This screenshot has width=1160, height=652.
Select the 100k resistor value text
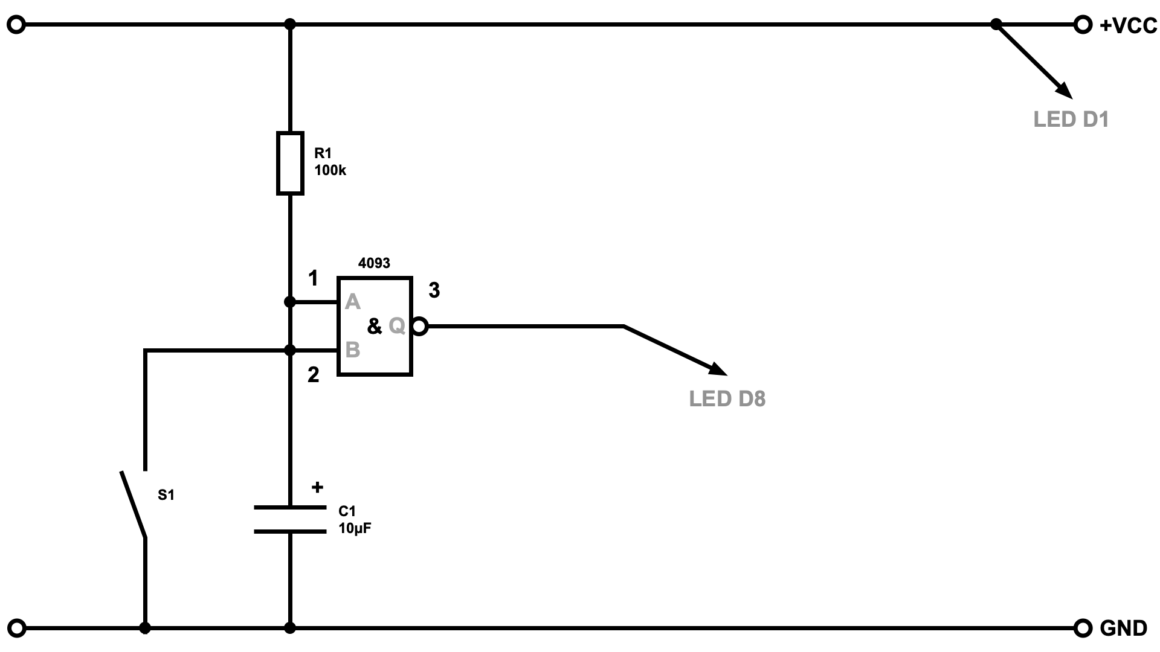pyautogui.click(x=330, y=170)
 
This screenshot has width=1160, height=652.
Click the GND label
pyautogui.click(x=1123, y=628)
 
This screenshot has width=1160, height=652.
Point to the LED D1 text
pyautogui.click(x=1071, y=120)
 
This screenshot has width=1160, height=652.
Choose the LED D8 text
pyautogui.click(x=727, y=399)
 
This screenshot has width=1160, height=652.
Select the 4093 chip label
pyautogui.click(x=374, y=263)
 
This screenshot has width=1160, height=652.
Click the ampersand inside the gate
pyautogui.click(x=375, y=327)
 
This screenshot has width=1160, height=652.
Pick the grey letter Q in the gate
pyautogui.click(x=397, y=326)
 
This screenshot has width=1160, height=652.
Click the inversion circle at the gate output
pyautogui.click(x=420, y=327)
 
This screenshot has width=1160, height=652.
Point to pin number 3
pyautogui.click(x=434, y=290)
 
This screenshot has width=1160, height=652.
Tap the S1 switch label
pyautogui.click(x=166, y=495)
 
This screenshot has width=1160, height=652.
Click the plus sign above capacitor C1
pyautogui.click(x=317, y=487)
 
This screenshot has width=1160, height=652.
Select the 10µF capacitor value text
pyautogui.click(x=355, y=528)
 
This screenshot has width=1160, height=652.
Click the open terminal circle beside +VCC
pyautogui.click(x=1083, y=25)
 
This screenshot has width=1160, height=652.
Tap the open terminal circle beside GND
pyautogui.click(x=1083, y=628)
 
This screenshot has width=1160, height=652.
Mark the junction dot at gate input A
pyautogui.click(x=290, y=302)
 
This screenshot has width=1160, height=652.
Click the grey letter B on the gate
pyautogui.click(x=352, y=350)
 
